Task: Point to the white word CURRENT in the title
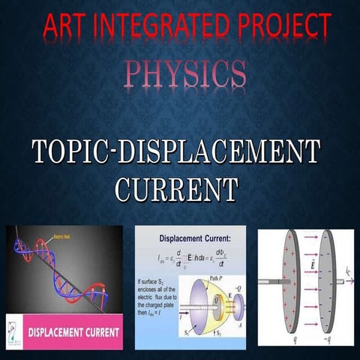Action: click(x=177, y=187)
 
